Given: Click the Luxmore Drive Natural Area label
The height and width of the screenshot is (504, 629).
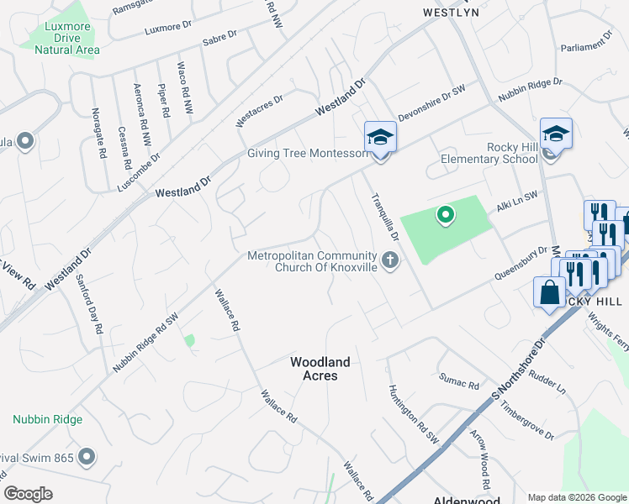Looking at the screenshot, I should click(x=67, y=38).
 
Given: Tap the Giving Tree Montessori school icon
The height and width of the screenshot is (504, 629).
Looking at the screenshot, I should click(x=380, y=137).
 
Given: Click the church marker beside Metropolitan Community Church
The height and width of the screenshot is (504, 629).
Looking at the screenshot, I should click(x=389, y=261).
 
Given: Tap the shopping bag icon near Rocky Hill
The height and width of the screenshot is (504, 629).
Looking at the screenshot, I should click(x=549, y=293).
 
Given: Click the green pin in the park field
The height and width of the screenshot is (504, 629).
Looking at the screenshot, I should click(x=445, y=216).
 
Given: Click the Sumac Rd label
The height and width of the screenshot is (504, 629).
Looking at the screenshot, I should click(x=459, y=381).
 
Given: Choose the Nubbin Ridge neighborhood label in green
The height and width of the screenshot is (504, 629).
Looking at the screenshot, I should click(x=47, y=419).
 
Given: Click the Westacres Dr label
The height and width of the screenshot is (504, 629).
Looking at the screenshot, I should click(x=260, y=111).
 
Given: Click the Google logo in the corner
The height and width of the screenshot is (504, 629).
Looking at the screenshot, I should click(x=29, y=494).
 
